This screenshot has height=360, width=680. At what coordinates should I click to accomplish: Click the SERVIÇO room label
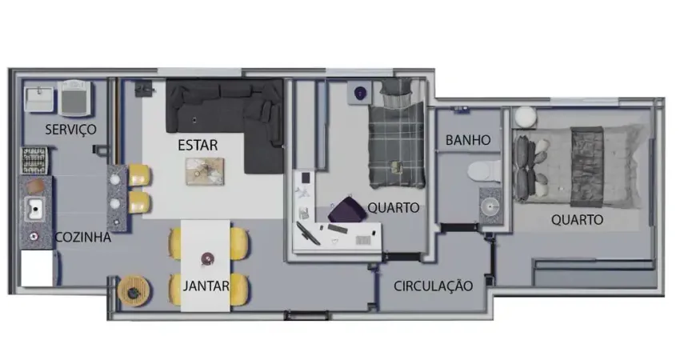pyautogui.click(x=70, y=129)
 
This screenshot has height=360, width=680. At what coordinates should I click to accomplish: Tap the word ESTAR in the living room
pyautogui.click(x=198, y=146)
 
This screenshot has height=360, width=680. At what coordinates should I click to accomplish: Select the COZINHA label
pyautogui.click(x=82, y=237)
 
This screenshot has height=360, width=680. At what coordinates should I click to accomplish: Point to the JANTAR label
pyautogui.click(x=206, y=286)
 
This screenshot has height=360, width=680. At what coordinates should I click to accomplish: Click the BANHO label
pyautogui.click(x=468, y=140)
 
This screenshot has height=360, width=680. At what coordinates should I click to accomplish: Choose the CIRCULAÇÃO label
pyautogui.click(x=434, y=286)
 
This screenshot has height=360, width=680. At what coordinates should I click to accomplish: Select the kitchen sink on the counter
pyautogui.click(x=36, y=210)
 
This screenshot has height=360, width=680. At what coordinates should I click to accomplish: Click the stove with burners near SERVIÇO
pyautogui.click(x=33, y=161)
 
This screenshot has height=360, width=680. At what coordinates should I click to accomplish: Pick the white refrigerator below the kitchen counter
pyautogui.click(x=37, y=268)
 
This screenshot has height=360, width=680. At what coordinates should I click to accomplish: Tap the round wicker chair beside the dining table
pyautogui.click(x=131, y=290)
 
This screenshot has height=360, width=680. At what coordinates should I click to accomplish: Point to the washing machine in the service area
pyautogui.click(x=76, y=98)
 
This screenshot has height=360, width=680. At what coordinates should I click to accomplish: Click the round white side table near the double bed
pyautogui.click(x=525, y=117)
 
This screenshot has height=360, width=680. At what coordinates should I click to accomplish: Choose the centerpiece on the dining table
pyautogui.click(x=207, y=258)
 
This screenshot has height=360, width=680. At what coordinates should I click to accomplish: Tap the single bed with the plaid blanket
pyautogui.click(x=395, y=134)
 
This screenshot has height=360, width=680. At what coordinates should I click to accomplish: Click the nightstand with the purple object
pyautogui.click(x=359, y=94)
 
